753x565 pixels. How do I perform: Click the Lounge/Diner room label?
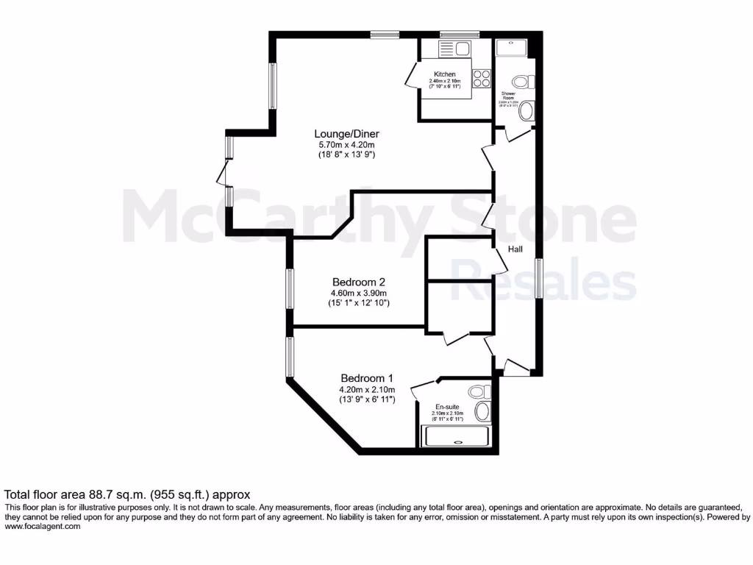point(346,134)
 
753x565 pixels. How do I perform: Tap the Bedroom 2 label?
point(359,282)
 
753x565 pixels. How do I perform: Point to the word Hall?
point(515,250)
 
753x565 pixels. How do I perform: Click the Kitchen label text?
point(444,74)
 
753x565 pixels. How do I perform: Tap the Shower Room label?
point(509,96)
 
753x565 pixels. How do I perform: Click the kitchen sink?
point(455,49)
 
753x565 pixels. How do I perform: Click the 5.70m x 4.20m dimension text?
point(346,145)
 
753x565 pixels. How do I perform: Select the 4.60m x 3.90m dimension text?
point(359,293)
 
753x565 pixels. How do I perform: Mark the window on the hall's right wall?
point(538,278)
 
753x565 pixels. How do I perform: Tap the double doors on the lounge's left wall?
point(224,172)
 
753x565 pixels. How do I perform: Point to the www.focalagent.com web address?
point(42,527)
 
